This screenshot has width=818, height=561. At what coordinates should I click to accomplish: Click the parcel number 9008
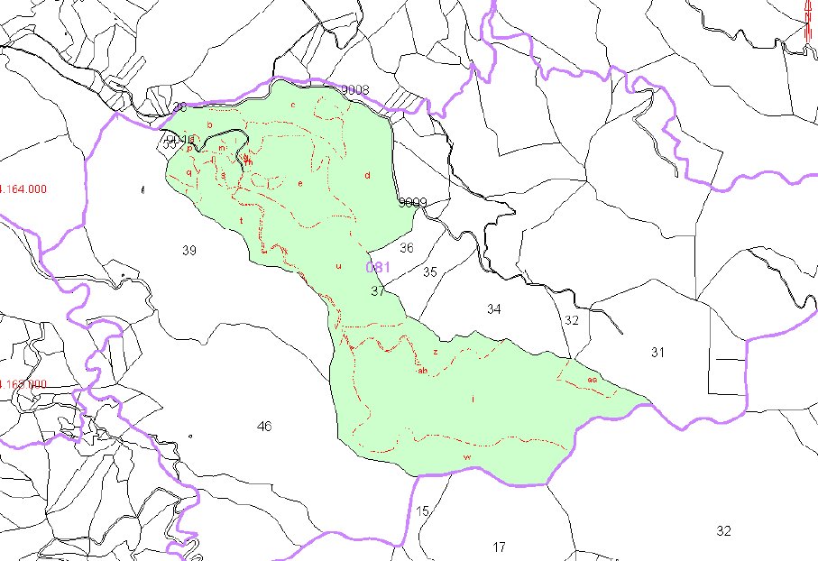pos(355,89)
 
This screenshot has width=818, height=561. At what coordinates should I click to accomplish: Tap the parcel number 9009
pos(412,202)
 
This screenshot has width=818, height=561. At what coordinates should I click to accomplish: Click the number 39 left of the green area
pos(188,250)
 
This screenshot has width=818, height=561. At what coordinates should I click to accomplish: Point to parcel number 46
pos(263,426)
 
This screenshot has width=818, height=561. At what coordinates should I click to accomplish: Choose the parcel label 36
pos(407,248)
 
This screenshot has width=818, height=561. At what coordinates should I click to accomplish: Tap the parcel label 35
pos(429,271)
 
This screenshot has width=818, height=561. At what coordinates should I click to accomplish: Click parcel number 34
pos(493,309)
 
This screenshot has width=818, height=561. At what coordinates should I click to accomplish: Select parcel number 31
pos(657,353)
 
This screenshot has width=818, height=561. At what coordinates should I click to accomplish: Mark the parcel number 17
pos(500,547)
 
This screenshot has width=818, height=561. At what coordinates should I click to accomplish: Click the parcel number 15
pos(423,511)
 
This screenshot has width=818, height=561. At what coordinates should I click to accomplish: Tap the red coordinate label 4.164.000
pos(23,189)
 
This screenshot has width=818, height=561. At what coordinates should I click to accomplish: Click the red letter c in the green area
pos(293,105)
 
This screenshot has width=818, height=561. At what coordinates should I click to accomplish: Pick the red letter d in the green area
pos(367,175)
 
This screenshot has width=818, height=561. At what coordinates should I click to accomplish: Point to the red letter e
pos(300,183)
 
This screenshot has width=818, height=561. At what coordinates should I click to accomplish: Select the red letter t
pos(242,220)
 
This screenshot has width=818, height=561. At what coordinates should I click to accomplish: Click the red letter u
pos(338,266)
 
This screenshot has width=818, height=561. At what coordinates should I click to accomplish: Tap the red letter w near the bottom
pos(466,458)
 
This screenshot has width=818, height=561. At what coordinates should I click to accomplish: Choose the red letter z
pos(435,352)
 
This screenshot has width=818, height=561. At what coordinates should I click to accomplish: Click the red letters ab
pos(422,370)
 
